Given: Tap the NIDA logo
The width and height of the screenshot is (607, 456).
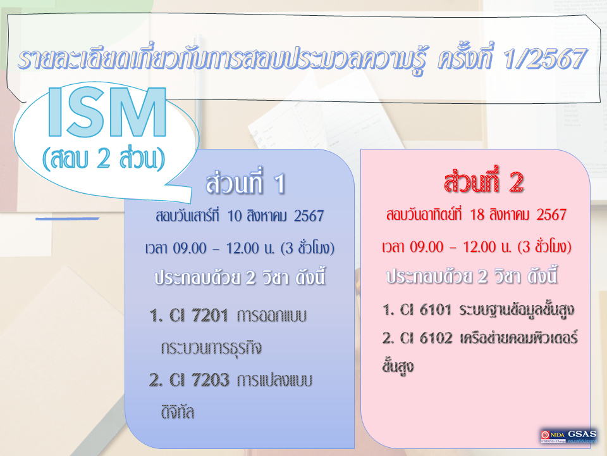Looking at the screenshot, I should [553, 436].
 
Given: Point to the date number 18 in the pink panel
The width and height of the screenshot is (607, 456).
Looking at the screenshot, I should [477, 215].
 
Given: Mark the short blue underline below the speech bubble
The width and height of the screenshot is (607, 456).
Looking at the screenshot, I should [68, 218].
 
